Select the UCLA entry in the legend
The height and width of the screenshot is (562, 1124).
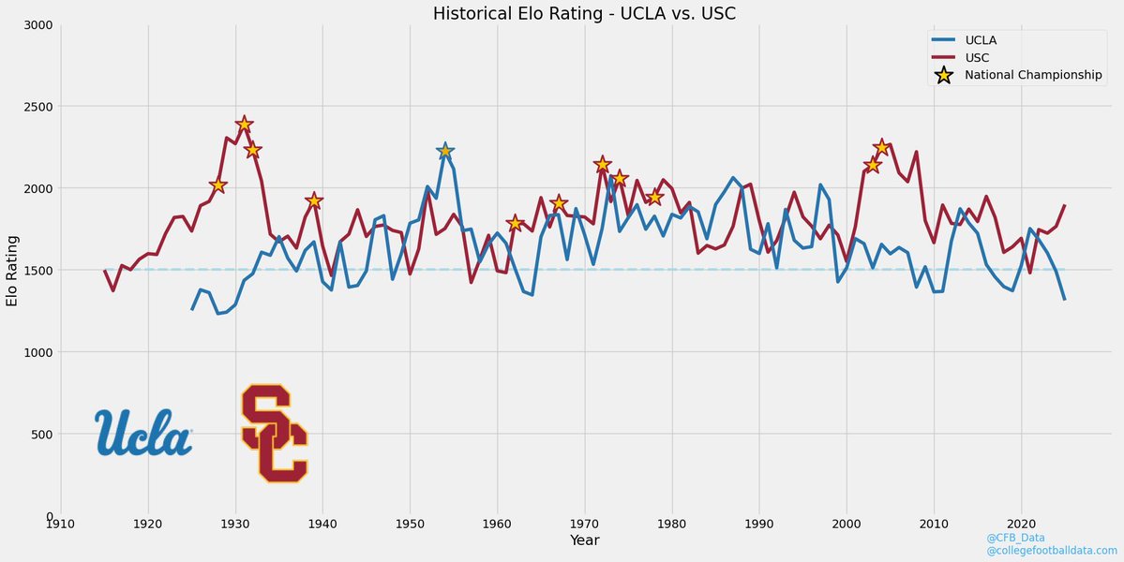click(x=984, y=40)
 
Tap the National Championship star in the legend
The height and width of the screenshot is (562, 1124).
click(x=944, y=76)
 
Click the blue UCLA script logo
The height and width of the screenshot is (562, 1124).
click(x=143, y=433)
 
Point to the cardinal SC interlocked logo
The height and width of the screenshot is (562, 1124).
click(x=274, y=433)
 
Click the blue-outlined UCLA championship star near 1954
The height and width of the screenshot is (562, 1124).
click(x=445, y=151)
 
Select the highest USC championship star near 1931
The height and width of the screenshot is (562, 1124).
click(x=245, y=125)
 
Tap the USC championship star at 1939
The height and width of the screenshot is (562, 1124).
click(x=314, y=200)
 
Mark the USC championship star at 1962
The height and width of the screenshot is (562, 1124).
click(x=515, y=223)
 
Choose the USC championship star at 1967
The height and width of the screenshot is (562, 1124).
click(x=559, y=203)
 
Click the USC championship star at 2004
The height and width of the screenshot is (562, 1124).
click(x=881, y=147)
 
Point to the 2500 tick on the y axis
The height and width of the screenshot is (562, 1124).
click(x=37, y=107)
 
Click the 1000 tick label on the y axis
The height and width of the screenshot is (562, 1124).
click(x=37, y=352)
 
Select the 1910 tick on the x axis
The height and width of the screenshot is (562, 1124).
click(x=61, y=525)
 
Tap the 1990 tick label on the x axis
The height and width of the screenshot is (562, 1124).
click(x=759, y=525)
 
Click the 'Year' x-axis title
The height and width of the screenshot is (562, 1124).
click(x=584, y=541)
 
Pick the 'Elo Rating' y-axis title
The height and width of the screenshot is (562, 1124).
click(x=12, y=270)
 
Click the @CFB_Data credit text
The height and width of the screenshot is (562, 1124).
click(x=1015, y=538)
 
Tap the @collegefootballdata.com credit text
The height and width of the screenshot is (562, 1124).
click(x=1051, y=551)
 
